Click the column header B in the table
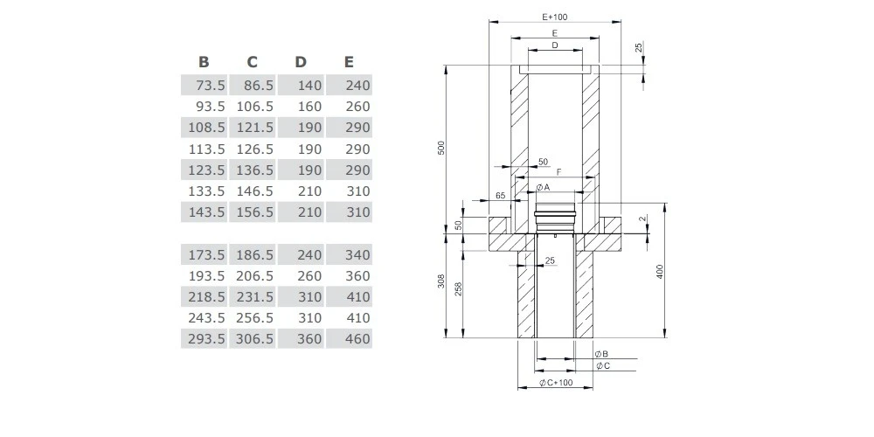(x=204, y=62)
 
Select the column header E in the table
(x=349, y=62)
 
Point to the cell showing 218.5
(x=206, y=297)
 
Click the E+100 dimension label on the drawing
(x=555, y=17)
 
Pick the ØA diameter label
(x=543, y=187)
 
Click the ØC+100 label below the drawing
(x=555, y=384)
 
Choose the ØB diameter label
(x=601, y=354)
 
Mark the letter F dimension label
(x=558, y=172)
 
